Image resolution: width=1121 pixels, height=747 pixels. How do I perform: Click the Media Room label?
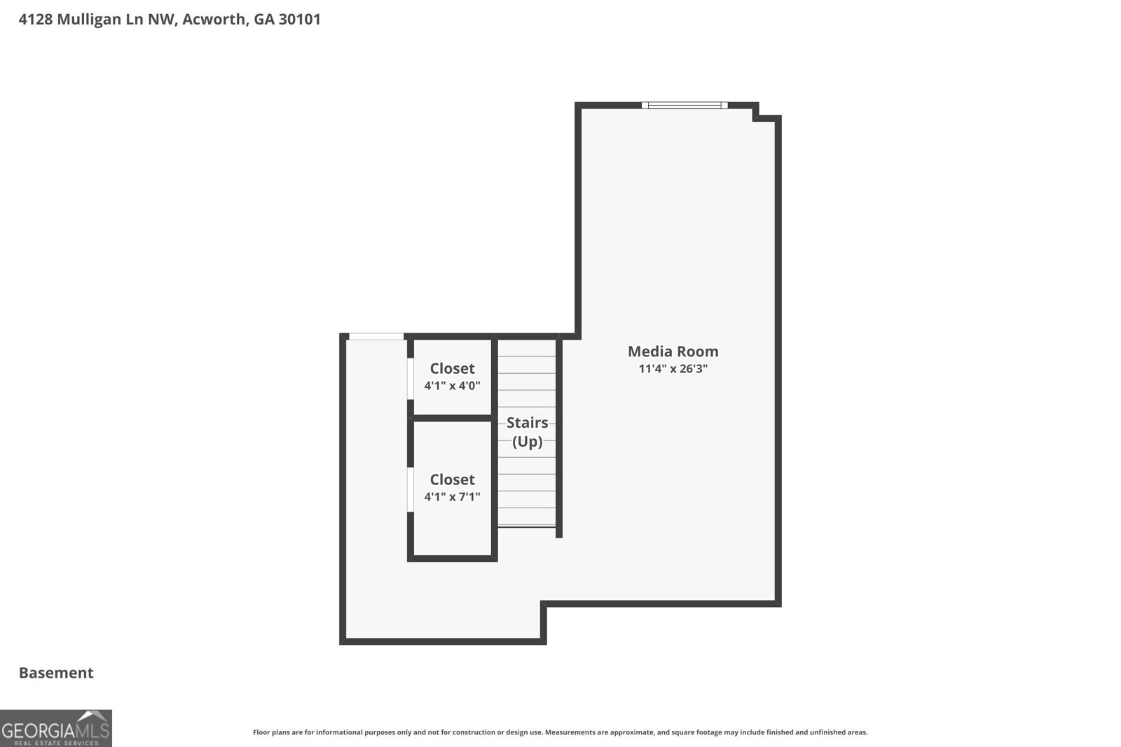673,351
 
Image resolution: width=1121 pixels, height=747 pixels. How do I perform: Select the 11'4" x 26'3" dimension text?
673,368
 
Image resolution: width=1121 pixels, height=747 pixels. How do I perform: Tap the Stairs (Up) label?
528,432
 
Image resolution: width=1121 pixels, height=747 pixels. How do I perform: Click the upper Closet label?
453,368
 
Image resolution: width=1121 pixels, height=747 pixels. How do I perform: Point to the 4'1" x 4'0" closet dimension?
453,386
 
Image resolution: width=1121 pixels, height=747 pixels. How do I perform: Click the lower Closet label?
453,480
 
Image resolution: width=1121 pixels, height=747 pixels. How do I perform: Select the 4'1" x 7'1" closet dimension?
453,496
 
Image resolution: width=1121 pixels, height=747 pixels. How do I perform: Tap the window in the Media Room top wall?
685,105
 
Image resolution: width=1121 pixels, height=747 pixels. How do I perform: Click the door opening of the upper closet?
411,379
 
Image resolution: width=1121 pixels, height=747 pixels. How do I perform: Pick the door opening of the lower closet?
411,489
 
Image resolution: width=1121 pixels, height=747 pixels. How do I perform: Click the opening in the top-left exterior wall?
376,337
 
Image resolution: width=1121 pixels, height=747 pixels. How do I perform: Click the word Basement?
56,673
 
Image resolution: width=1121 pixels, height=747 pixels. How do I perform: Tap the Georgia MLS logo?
56,728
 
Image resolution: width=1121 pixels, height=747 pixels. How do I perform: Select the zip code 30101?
300,19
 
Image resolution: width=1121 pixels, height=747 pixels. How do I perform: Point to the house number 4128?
36,19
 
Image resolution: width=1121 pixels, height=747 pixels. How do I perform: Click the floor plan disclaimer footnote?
560,732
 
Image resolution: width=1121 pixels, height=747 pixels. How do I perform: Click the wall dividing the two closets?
453,418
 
